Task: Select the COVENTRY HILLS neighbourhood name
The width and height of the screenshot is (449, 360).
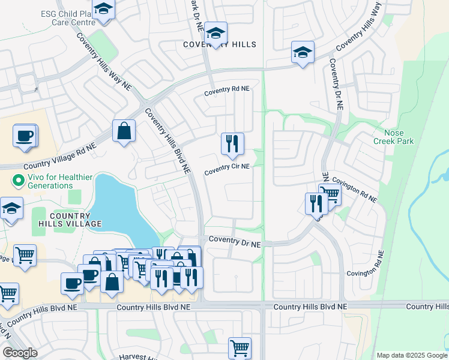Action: tap(220, 45)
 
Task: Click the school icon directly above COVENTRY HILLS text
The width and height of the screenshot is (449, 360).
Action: tap(215, 32)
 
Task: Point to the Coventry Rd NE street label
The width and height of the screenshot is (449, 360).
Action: tap(226, 89)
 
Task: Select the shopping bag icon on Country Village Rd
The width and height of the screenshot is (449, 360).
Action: tap(124, 131)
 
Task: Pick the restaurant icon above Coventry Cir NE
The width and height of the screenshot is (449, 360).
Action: tap(232, 143)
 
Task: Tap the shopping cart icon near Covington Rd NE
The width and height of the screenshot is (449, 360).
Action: tap(330, 194)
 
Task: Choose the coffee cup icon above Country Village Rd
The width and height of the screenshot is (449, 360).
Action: tap(25, 136)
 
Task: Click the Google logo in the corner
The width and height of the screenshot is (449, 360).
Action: tap(20, 353)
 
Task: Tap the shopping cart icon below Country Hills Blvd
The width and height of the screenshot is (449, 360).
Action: tap(240, 347)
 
